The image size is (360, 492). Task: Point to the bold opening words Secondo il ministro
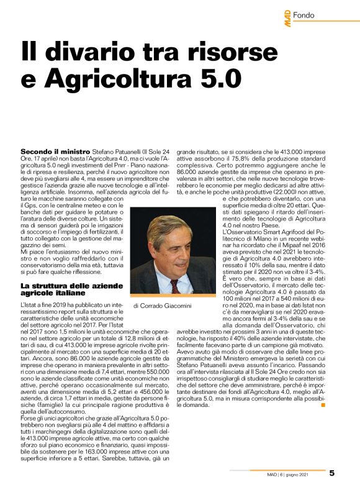56,151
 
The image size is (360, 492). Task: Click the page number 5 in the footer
332,473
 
